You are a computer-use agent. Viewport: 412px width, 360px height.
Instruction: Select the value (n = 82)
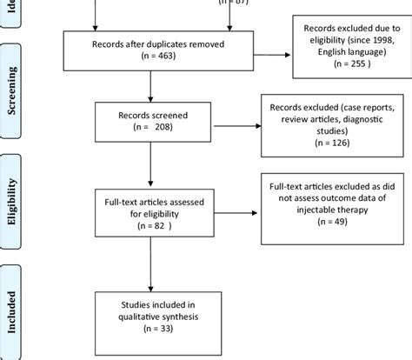[152, 224]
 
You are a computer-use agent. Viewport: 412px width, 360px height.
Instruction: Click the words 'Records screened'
[151, 112]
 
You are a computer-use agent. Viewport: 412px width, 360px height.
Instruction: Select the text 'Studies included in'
[151, 302]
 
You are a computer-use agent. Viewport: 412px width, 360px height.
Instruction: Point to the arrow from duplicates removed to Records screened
[151, 84]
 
